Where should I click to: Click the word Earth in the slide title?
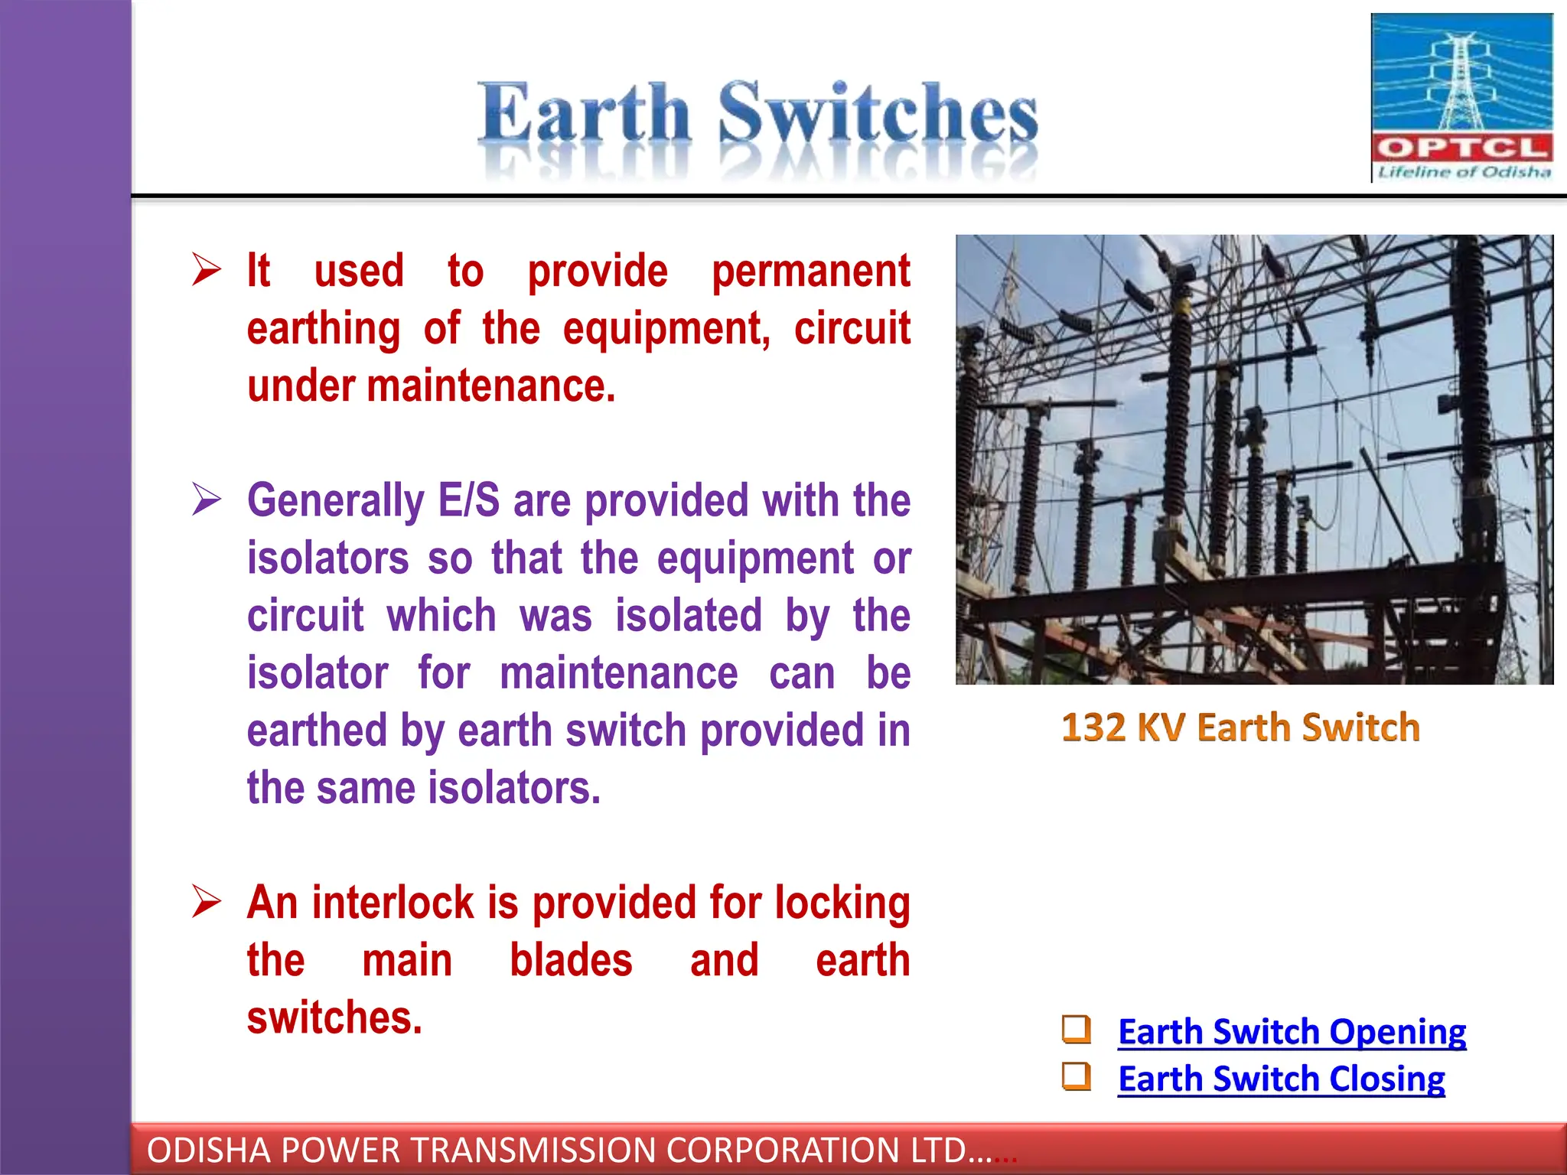pos(585,115)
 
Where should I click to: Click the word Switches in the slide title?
pos(878,115)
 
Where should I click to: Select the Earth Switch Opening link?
pos(1292,1031)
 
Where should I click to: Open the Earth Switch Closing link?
pos(1281,1079)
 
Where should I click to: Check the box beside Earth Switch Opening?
pos(1076,1029)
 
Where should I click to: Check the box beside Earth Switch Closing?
pos(1076,1076)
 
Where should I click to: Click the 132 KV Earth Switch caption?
pos(1240,727)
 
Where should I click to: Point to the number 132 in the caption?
pos(1093,727)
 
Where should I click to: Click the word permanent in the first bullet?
pos(811,272)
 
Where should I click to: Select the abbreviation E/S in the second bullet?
pos(468,501)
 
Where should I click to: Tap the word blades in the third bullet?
pos(571,961)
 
